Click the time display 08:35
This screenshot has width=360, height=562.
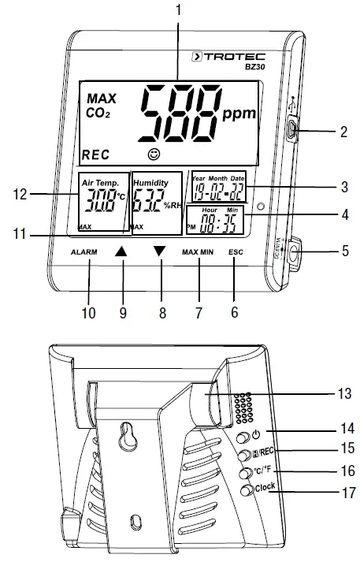click(218, 226)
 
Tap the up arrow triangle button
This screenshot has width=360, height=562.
click(121, 251)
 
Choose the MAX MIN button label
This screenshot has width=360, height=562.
click(199, 251)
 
